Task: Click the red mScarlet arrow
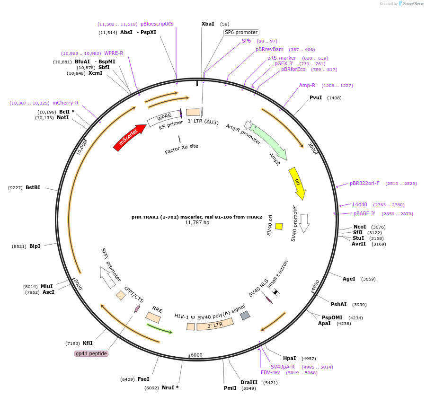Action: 130,137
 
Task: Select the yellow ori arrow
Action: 297,183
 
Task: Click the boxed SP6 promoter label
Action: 241,32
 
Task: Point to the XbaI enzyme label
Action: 208,24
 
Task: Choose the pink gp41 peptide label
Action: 91,353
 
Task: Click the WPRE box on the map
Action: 164,117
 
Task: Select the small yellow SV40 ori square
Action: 279,226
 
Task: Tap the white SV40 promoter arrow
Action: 304,223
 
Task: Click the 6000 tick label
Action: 196,355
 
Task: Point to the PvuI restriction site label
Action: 316,97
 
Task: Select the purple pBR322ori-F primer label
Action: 364,184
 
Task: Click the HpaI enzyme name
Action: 289,358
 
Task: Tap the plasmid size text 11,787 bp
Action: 197,222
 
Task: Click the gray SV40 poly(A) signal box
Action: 245,315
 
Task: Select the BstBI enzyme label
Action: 33,187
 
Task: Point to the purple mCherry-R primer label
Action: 65,103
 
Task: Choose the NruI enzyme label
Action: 170,387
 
